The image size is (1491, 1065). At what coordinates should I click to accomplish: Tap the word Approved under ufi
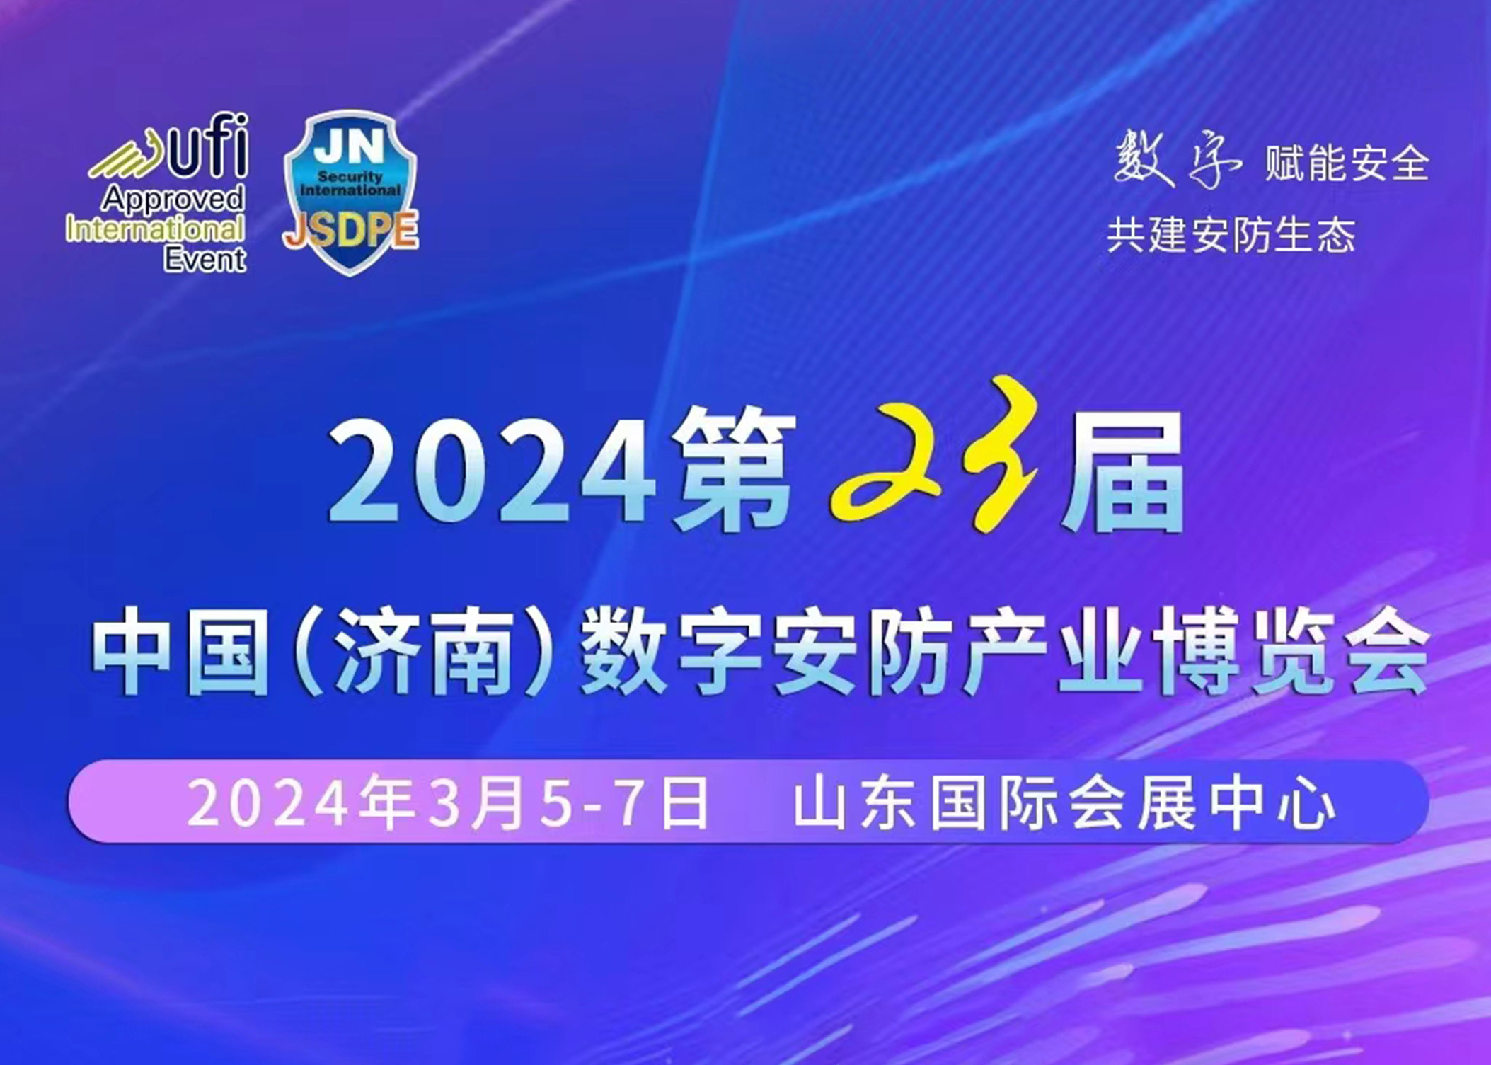pyautogui.click(x=173, y=199)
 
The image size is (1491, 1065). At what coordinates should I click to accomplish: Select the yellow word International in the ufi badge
pyautogui.click(x=155, y=229)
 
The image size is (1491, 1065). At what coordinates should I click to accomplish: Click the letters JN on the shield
pyautogui.click(x=349, y=147)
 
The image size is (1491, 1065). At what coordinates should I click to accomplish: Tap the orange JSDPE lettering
pyautogui.click(x=350, y=230)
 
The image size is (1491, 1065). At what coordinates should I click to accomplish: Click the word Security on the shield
pyautogui.click(x=350, y=177)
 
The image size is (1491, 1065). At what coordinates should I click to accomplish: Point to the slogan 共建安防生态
pyautogui.click(x=1231, y=235)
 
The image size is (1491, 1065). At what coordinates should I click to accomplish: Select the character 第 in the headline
pyautogui.click(x=735, y=469)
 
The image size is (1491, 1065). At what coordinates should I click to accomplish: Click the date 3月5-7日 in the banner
pyautogui.click(x=568, y=803)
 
